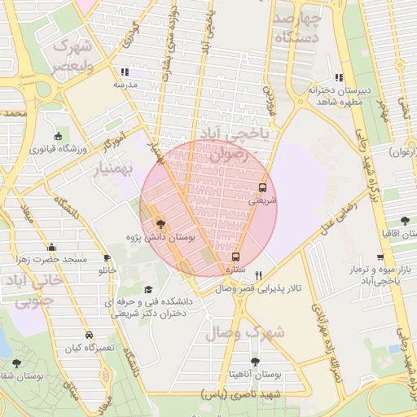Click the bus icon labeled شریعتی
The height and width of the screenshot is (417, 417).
tap(261, 187)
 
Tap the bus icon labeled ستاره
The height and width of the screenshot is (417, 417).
tap(236, 256)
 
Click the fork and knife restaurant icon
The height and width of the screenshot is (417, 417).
tap(258, 274)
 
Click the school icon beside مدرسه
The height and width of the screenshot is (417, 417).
tap(124, 72)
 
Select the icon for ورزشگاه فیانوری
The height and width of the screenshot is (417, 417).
tap(57, 137)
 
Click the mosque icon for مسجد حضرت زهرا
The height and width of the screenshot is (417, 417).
tap(52, 247)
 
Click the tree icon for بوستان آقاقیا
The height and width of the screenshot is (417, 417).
tap(405, 221)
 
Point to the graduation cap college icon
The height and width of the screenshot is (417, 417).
tap(148, 289)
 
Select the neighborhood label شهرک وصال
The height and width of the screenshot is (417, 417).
tap(244, 332)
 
